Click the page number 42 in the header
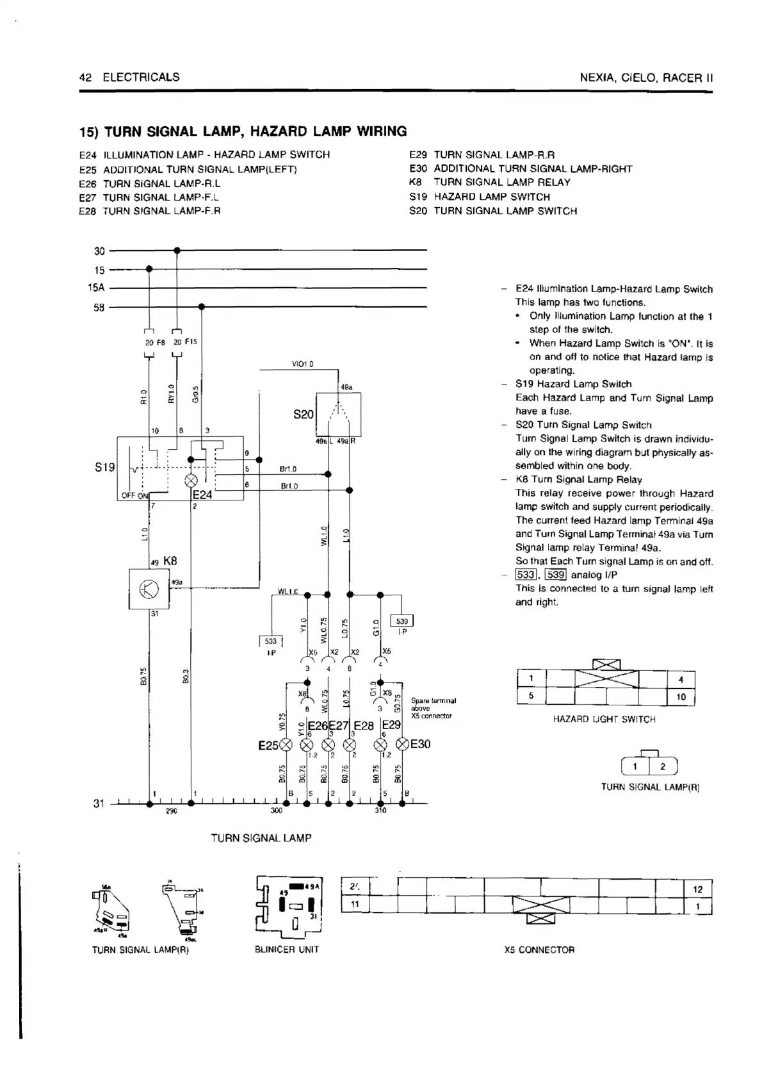point(86,78)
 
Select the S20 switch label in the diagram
point(303,415)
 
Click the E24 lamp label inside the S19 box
point(202,495)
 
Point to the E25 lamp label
point(267,745)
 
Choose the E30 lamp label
point(420,744)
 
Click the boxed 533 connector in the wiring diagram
point(271,641)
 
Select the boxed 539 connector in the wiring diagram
point(402,621)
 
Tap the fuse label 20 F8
point(155,342)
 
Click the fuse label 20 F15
point(186,342)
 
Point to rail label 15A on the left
point(96,288)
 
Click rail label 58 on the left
point(99,308)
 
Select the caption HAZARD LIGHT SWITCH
point(604,720)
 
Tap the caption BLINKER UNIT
point(286,950)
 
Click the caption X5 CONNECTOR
point(539,950)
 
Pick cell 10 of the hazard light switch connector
point(681,696)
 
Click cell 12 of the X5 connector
point(698,889)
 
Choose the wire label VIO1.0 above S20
point(302,365)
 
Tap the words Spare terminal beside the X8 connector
point(433,701)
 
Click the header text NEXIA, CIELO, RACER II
point(645,78)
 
